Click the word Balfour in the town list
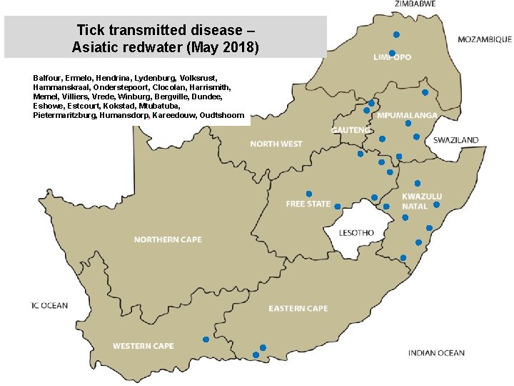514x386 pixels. (47, 76)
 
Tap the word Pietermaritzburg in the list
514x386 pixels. (65, 115)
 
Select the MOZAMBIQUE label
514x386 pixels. (484, 39)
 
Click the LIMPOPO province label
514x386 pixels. (392, 57)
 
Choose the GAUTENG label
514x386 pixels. (351, 130)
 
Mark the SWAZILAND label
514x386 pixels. (456, 141)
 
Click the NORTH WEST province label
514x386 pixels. (276, 144)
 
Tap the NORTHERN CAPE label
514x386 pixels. (168, 239)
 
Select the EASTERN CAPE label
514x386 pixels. (298, 309)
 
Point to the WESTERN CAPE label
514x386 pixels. (143, 346)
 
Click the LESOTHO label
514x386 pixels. (356, 233)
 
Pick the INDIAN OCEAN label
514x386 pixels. (436, 352)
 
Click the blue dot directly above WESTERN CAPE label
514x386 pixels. (206, 339)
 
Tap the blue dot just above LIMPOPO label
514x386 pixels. (392, 54)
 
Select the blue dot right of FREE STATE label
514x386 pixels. (338, 204)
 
